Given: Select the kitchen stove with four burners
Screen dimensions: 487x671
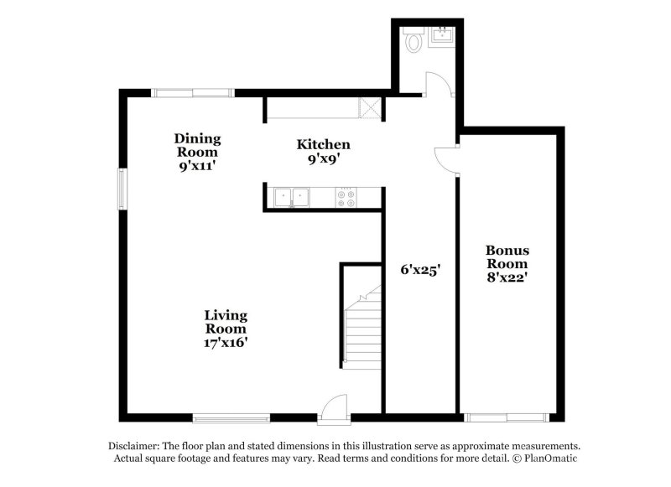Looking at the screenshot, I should [x=346, y=198].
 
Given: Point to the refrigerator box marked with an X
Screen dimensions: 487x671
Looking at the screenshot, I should [x=369, y=107].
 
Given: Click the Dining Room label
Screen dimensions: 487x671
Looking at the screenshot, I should [x=197, y=152].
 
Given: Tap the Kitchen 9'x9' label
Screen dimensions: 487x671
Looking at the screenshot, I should [x=323, y=151].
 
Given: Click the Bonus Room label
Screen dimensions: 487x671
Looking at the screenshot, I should [x=507, y=262].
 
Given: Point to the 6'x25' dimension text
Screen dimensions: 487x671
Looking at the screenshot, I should [x=419, y=270].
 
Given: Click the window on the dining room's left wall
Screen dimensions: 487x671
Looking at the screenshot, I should [x=122, y=189].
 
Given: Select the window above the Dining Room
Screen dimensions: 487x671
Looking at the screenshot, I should [x=192, y=92].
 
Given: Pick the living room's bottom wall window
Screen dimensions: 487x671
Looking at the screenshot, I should [x=231, y=417].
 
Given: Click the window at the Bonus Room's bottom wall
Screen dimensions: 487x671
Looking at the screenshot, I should [x=507, y=417].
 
